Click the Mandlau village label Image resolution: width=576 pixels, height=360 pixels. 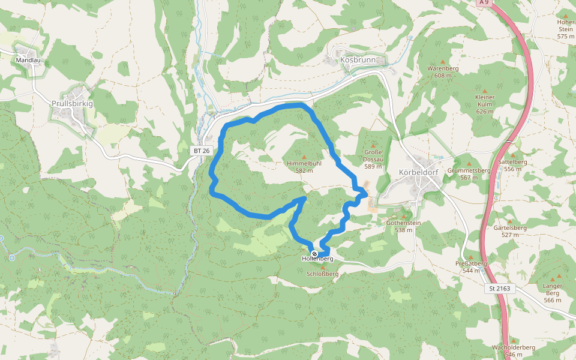coord(28,60)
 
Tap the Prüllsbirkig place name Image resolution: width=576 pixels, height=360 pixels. coord(72,104)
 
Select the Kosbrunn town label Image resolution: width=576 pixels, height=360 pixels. coord(358,60)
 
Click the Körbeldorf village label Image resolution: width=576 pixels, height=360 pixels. coord(418,172)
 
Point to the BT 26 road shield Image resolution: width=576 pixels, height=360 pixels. coord(202,151)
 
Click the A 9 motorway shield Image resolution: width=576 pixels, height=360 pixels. coord(484,3)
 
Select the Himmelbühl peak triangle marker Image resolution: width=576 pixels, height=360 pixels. coord(304,157)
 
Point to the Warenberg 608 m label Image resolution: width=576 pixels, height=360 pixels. coord(443,72)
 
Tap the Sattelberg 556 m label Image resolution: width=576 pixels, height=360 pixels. coord(512,165)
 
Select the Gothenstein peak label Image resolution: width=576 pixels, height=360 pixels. coord(403,226)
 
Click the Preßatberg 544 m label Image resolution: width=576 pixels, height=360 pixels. coord(470,266)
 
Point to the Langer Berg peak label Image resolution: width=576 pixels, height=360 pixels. coord(552,292)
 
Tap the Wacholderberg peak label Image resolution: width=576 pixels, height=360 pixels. coord(513,350)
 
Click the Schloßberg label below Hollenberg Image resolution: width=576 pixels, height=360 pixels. coord(322,274)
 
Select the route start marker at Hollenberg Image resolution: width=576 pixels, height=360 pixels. coord(314,254)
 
